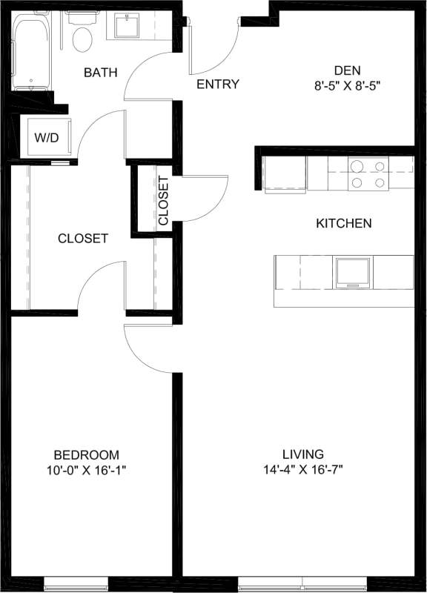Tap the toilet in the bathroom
[x=82, y=34]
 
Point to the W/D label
[x=43, y=138]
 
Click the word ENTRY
[x=217, y=85]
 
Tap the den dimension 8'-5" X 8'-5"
[x=347, y=85]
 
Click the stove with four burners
[x=368, y=174]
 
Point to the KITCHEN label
[x=343, y=223]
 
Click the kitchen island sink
[x=354, y=272]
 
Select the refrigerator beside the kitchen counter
[x=285, y=173]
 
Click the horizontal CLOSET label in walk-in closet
[x=83, y=239]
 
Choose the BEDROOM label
[x=86, y=454]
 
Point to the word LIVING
[x=302, y=454]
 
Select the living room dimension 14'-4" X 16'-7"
[x=302, y=469]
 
